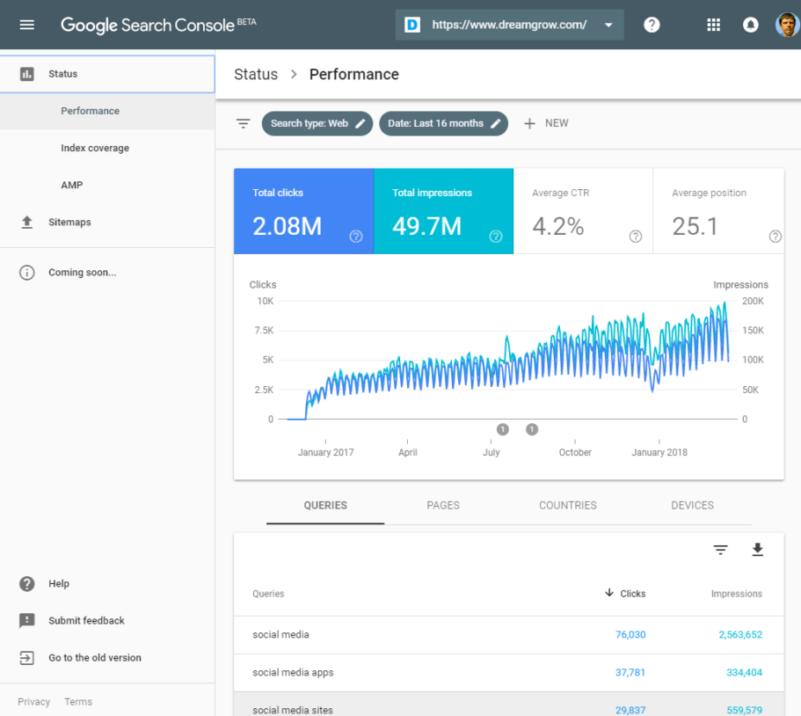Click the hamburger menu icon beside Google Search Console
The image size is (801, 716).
(x=27, y=25)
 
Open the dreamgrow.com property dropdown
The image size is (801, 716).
(x=510, y=25)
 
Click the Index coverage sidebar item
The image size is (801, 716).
(x=95, y=149)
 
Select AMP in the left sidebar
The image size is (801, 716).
(x=72, y=186)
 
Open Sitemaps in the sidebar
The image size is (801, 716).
(x=69, y=223)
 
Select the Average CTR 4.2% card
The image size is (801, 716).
(x=583, y=211)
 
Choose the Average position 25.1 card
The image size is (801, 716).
(x=723, y=211)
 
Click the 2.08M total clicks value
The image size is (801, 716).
(x=288, y=227)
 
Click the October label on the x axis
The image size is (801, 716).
(x=575, y=452)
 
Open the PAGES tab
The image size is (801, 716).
(x=443, y=506)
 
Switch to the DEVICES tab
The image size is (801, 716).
(x=692, y=506)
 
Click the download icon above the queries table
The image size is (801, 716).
(x=757, y=551)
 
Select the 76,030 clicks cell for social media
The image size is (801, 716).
(x=625, y=635)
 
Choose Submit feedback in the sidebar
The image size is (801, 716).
(x=86, y=621)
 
